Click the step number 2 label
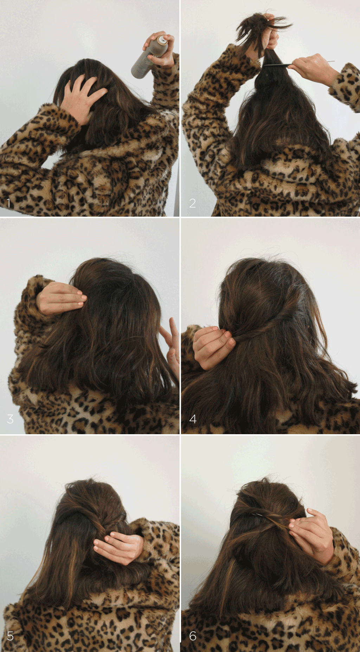[x=192, y=203]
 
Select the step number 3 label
[x=10, y=418]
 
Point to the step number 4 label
[x=193, y=418]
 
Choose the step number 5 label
[x=10, y=635]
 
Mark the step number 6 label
[x=193, y=635]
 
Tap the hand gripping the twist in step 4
[x=213, y=346]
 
